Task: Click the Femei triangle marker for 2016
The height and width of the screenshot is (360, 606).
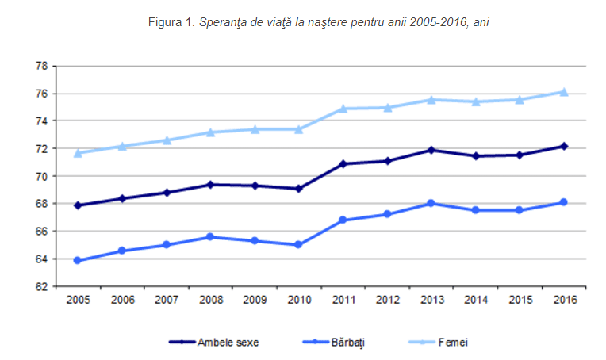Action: pyautogui.click(x=563, y=92)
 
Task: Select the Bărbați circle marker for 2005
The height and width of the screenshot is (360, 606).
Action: pyautogui.click(x=77, y=260)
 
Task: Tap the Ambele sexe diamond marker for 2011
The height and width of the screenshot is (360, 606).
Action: pyautogui.click(x=343, y=164)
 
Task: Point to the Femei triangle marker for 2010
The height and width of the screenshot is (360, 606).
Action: pyautogui.click(x=298, y=129)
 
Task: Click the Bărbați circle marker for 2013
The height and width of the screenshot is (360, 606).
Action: pyautogui.click(x=431, y=203)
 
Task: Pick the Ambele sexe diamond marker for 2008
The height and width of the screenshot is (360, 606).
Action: pyautogui.click(x=210, y=185)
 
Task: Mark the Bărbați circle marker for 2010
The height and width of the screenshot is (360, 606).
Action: pyautogui.click(x=298, y=244)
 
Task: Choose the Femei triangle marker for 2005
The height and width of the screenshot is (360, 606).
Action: pyautogui.click(x=78, y=153)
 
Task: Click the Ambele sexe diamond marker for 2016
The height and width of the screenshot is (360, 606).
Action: pyautogui.click(x=564, y=147)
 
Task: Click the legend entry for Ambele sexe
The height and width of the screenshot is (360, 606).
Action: pyautogui.click(x=213, y=343)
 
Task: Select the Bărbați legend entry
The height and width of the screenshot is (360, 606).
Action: pyautogui.click(x=333, y=343)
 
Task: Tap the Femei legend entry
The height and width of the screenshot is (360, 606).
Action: pyautogui.click(x=439, y=343)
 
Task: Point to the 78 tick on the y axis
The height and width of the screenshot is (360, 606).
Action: pyautogui.click(x=42, y=66)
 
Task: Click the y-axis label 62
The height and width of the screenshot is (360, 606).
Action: pyautogui.click(x=42, y=286)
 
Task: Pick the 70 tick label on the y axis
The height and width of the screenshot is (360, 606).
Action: pyautogui.click(x=42, y=176)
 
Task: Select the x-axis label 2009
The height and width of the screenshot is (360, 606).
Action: pyautogui.click(x=255, y=300)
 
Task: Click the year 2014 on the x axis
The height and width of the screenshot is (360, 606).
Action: pyautogui.click(x=476, y=300)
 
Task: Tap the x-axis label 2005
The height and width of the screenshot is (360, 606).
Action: pyautogui.click(x=78, y=300)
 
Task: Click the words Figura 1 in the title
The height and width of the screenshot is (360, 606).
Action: pyautogui.click(x=171, y=22)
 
